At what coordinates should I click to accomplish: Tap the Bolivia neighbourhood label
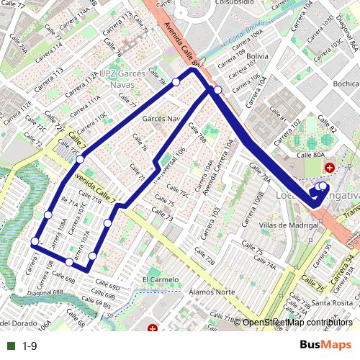257,55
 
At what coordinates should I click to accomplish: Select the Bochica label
346,84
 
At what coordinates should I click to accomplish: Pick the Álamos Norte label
211,292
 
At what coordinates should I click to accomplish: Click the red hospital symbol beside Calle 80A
330,168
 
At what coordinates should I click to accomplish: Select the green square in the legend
9,346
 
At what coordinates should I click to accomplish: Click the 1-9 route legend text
29,346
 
